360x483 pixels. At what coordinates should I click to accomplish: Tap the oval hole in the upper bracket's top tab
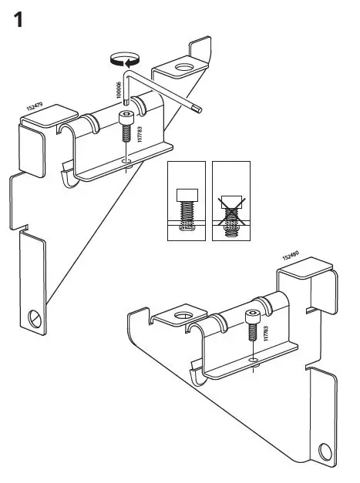pos(184,69)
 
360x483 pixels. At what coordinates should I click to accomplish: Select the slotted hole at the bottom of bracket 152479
pos(34,317)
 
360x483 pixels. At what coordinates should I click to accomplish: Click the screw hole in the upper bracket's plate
pos(128,161)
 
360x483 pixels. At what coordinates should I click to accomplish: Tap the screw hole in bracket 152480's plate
pos(254,359)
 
